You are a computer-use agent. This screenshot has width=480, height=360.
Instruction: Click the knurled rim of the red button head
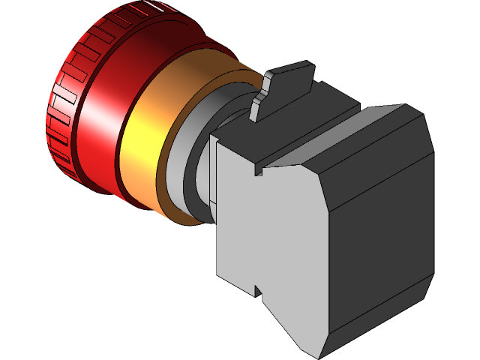[64, 112]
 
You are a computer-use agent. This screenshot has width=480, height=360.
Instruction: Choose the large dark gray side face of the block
[375, 225]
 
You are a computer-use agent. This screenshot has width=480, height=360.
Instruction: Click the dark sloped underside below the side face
[375, 322]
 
